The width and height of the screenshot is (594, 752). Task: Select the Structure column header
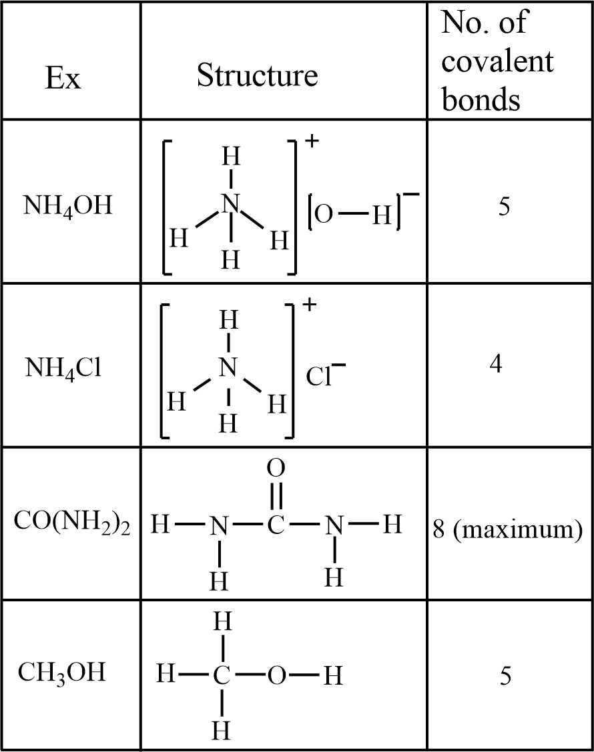pos(257,75)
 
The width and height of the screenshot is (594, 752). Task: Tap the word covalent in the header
pos(497,61)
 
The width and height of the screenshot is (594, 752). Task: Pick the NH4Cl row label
pos(64,367)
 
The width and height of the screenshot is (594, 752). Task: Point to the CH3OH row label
pos(61,672)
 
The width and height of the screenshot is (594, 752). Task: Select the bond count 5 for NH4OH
pos(505,207)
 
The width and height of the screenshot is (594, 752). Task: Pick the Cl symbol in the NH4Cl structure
pos(320,377)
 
